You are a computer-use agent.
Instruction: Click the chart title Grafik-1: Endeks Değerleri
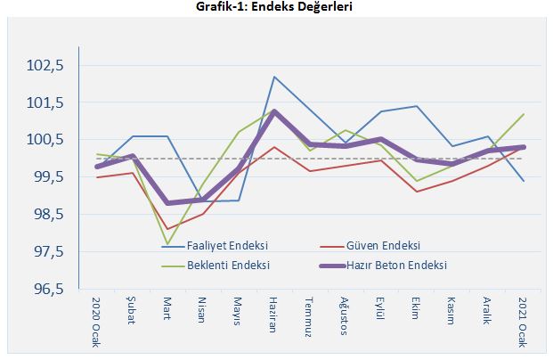(276, 7)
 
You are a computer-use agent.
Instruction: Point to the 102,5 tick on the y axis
(45, 65)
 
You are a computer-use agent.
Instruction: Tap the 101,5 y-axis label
(45, 102)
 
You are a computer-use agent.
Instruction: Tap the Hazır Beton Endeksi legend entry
(395, 265)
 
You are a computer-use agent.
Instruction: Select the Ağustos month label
(345, 314)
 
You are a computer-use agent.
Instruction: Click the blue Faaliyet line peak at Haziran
(274, 77)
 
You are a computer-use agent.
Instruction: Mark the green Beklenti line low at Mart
(167, 244)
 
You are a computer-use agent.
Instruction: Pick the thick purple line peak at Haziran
(274, 111)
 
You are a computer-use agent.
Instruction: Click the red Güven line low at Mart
(167, 229)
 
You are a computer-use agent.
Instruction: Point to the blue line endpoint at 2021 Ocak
(523, 181)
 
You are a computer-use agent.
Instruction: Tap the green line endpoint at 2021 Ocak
(523, 114)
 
